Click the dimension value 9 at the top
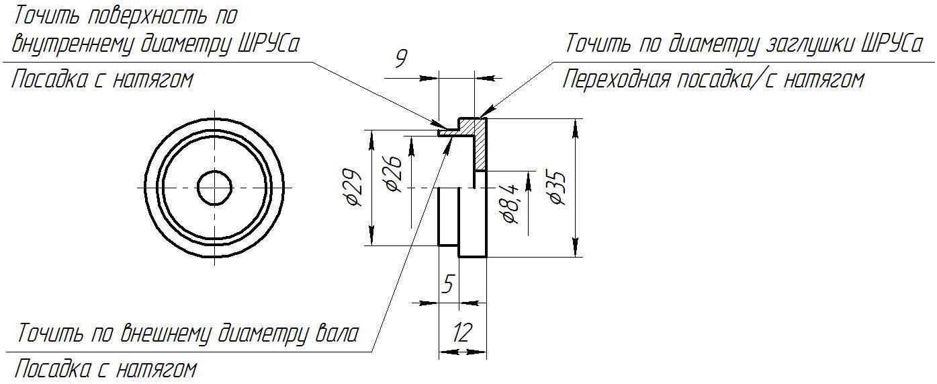[x=401, y=59]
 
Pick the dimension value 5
[x=449, y=284]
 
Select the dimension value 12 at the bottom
[x=462, y=333]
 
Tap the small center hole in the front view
[x=215, y=188]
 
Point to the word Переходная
[x=617, y=79]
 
